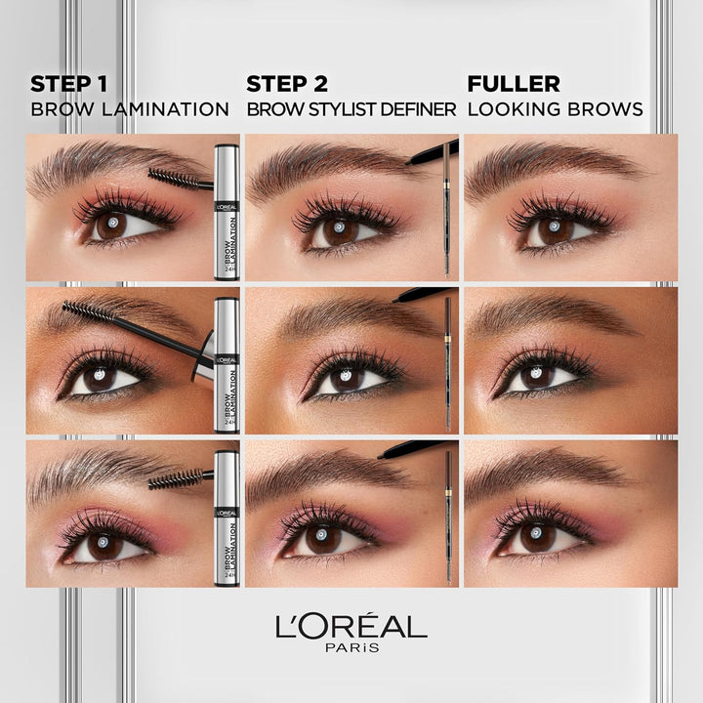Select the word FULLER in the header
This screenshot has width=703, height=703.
[514, 84]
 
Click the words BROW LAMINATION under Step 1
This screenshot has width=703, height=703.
[130, 109]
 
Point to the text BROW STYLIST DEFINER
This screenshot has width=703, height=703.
[351, 109]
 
